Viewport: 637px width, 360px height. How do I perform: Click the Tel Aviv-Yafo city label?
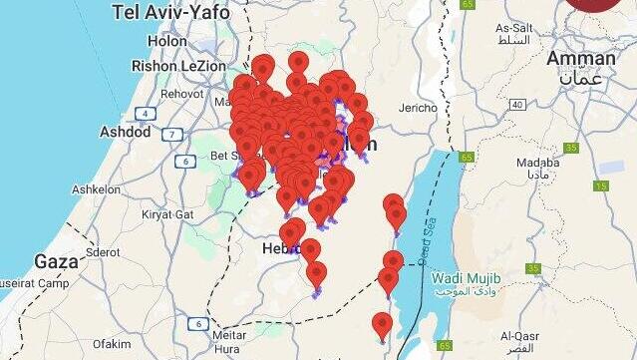[x=170, y=13]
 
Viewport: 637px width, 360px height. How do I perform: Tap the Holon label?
[x=166, y=41]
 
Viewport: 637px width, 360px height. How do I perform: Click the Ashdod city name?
[x=126, y=132]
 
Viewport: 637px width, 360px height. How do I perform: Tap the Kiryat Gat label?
[x=169, y=213]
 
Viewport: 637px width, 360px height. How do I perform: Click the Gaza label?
[x=56, y=261]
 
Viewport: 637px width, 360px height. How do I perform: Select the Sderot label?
[x=104, y=252]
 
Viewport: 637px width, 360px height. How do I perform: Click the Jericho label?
[x=417, y=108]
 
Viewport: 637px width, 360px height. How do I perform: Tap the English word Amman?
[x=580, y=58]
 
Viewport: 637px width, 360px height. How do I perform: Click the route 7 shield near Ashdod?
[x=172, y=134]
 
